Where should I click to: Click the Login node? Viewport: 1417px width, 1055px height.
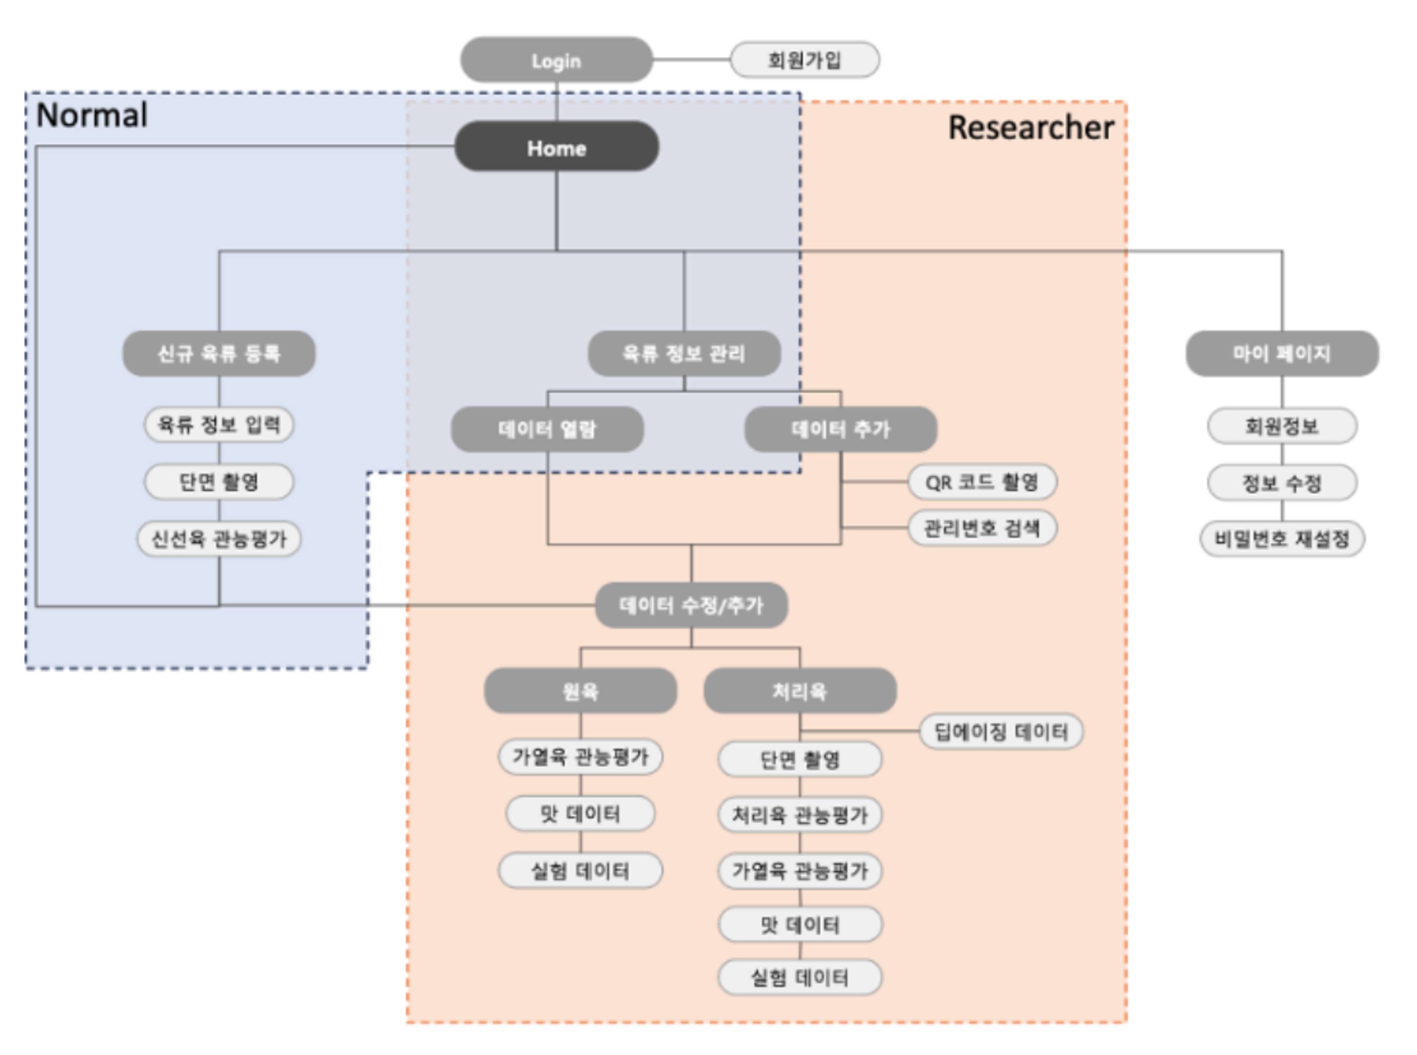(x=556, y=60)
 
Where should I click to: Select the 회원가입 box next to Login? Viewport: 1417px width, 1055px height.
(x=804, y=60)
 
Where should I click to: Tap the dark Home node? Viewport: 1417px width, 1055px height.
(x=556, y=147)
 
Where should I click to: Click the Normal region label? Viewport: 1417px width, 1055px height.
(x=92, y=115)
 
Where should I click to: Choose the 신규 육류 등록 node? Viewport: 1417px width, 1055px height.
(x=219, y=353)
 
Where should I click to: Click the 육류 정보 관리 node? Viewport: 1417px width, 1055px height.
(x=683, y=353)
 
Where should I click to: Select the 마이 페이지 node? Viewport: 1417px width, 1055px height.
(x=1281, y=353)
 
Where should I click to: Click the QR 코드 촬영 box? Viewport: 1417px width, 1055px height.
(x=982, y=482)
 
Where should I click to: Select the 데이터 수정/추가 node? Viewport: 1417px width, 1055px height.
(x=691, y=605)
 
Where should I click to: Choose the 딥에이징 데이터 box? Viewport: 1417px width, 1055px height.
(x=1001, y=731)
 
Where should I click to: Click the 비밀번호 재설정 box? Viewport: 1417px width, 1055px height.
(x=1281, y=539)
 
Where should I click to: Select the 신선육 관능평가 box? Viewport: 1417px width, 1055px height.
(x=219, y=539)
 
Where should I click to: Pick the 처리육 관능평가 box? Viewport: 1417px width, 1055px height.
(x=800, y=815)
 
